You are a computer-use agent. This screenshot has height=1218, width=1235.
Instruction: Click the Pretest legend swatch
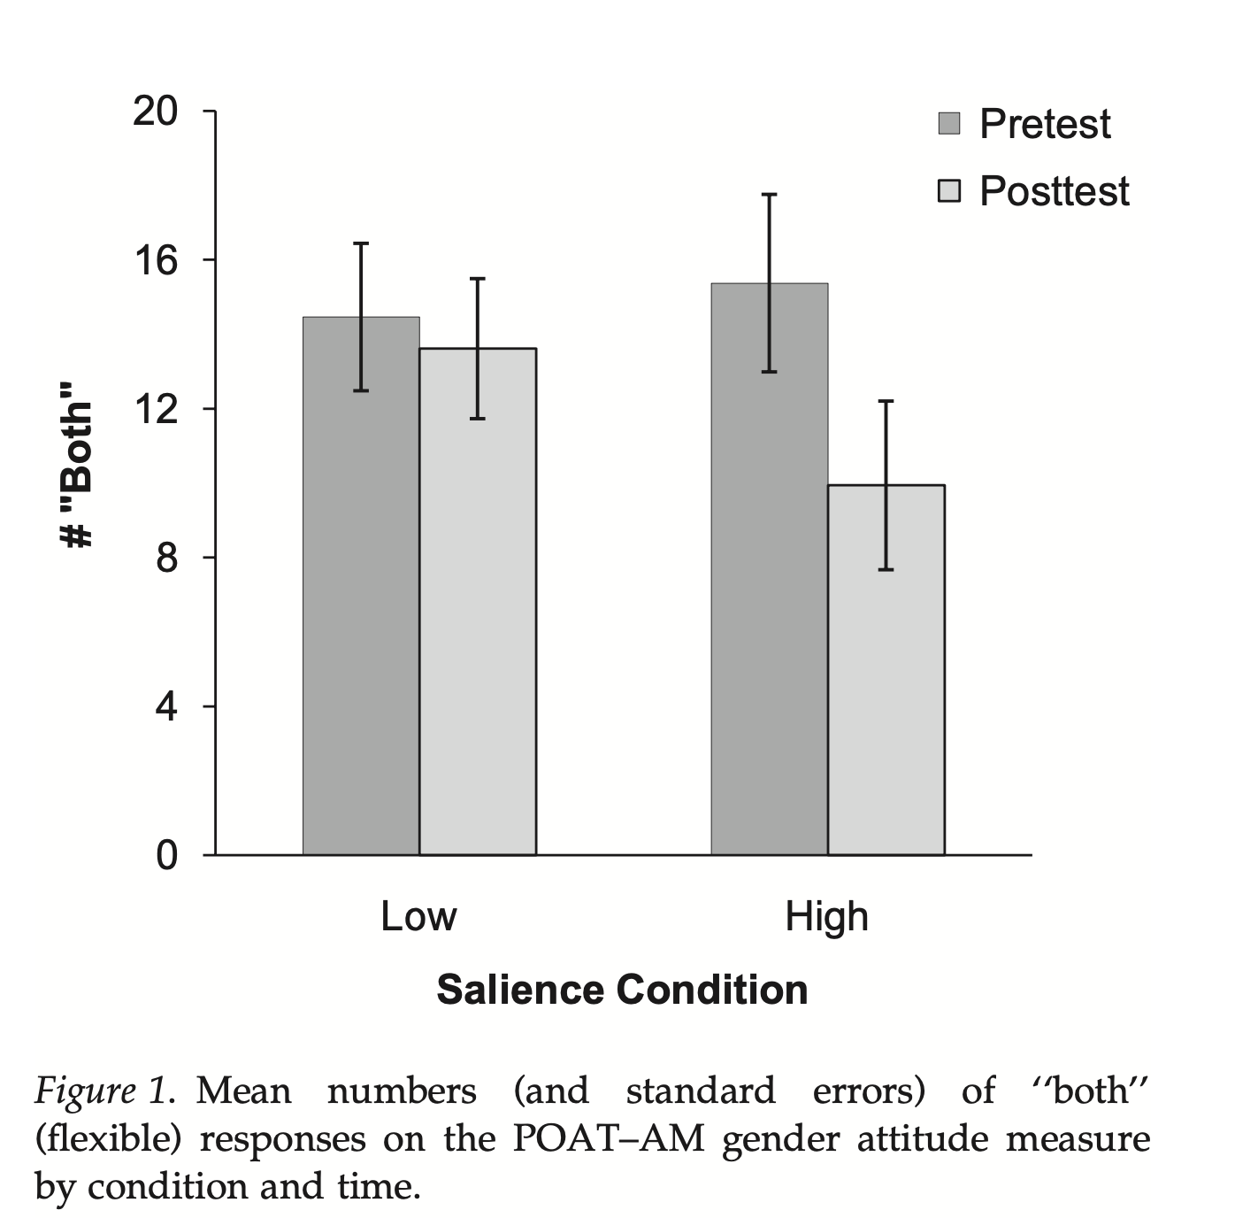(949, 124)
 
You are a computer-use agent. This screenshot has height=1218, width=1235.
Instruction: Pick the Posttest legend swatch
(949, 191)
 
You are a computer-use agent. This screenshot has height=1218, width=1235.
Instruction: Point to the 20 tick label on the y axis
(155, 112)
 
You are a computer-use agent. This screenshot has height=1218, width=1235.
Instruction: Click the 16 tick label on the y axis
(155, 260)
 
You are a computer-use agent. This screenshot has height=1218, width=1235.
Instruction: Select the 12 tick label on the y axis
(155, 409)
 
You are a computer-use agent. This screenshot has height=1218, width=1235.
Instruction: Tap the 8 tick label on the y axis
(166, 558)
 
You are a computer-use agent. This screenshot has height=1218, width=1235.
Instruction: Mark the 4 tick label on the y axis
(166, 706)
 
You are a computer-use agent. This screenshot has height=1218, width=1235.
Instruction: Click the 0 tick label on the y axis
(166, 855)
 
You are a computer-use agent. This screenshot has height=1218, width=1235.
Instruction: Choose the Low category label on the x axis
(418, 917)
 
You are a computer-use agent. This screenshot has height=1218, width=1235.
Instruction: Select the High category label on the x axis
(826, 917)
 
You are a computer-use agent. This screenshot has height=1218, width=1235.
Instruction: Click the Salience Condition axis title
(622, 990)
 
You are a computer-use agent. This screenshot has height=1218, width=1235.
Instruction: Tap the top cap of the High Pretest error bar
(770, 195)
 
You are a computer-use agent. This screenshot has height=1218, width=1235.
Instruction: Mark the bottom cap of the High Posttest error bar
(886, 569)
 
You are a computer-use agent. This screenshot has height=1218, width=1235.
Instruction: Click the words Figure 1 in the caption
(100, 1091)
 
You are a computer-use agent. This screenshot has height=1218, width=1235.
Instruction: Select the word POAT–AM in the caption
(609, 1139)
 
